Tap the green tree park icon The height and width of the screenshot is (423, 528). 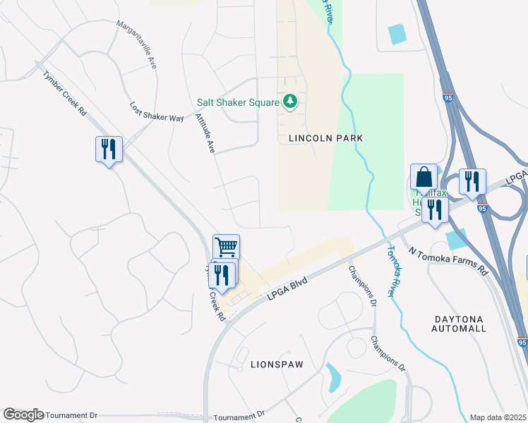289,103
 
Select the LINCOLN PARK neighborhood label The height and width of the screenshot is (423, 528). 325,138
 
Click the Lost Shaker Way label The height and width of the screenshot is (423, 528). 156,111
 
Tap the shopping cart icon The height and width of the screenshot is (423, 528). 227,247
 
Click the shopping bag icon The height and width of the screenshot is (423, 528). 424,177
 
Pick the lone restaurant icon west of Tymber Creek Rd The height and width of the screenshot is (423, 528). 109,149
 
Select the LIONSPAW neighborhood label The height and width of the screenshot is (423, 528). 276,364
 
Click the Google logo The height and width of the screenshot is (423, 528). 23,415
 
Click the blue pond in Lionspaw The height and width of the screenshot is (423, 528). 332,377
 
